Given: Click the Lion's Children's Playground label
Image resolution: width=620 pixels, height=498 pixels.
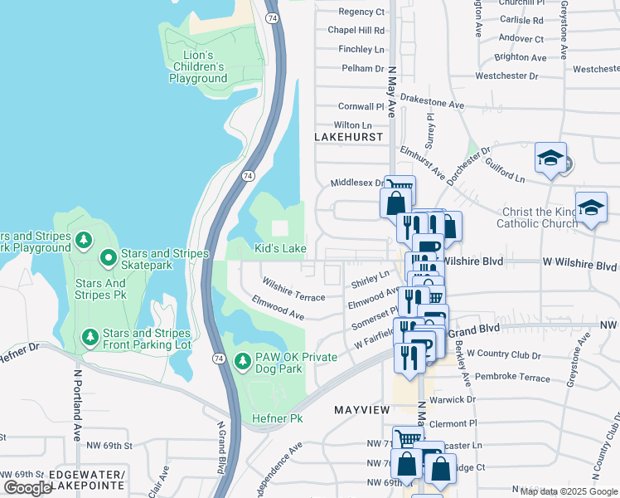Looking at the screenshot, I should pos(198,66).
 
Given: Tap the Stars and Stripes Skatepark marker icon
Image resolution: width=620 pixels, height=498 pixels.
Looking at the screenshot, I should pos(108,259).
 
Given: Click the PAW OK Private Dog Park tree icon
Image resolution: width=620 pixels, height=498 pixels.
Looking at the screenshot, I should pos(242,361).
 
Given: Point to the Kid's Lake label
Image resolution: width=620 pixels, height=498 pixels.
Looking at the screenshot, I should pos(280,249).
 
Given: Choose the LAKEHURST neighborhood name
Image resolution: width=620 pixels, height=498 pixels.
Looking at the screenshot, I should pos(349,136).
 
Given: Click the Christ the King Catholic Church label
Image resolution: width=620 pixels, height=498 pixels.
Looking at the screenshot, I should pos(537,217).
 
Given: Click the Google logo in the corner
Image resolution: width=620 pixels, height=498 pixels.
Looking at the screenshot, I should pos(27,487).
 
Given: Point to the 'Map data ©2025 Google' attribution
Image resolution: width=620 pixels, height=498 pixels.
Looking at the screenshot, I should pos(569,491).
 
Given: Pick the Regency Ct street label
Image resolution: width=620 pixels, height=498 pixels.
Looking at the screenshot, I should pos(361,12).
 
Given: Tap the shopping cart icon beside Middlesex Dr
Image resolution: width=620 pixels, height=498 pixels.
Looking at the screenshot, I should pos(400,187).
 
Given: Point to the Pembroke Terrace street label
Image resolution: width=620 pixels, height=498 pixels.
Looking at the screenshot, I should pos(508,378).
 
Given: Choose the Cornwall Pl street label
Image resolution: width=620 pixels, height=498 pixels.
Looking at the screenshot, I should pos(361,107).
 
